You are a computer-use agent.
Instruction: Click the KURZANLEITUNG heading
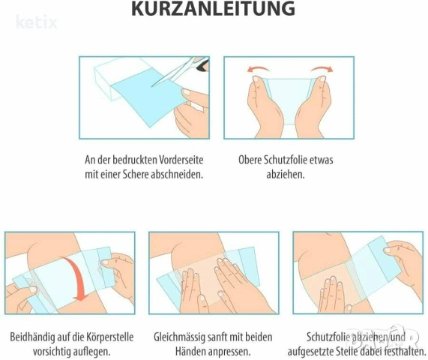(x=213, y=8)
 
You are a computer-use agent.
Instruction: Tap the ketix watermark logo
(x=37, y=22)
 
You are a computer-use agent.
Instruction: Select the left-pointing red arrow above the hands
(x=258, y=69)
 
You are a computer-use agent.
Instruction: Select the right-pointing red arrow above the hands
(x=322, y=69)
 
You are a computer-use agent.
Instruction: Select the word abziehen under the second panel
(x=286, y=174)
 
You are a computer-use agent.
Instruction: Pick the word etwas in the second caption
(x=323, y=160)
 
